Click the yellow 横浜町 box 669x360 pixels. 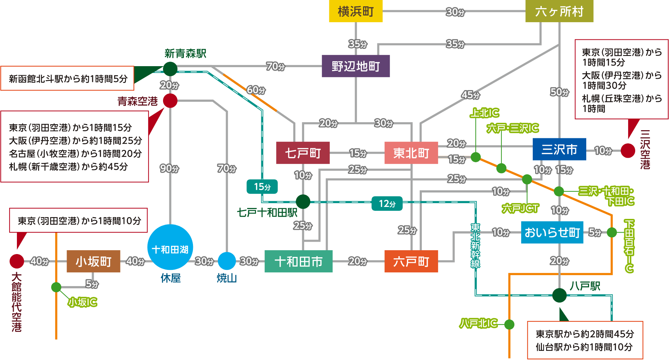coord(356,11)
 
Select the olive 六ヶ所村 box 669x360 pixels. coord(559,11)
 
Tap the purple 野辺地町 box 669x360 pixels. coord(356,66)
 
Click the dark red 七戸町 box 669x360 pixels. coord(303,153)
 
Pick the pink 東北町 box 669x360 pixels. coord(411,153)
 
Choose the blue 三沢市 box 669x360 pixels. coord(559,150)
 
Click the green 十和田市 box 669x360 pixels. coord(298,261)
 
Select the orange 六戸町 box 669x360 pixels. coord(411,261)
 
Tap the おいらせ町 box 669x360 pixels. coord(552,232)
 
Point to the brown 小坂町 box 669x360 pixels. coord(93,261)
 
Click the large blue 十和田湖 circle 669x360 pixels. coord(170,247)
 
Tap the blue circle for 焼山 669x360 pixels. coord(227,261)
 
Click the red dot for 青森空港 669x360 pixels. coord(170,101)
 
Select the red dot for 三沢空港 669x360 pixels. coord(628,151)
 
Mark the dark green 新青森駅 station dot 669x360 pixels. coord(170,69)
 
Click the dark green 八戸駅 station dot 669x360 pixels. coord(559,295)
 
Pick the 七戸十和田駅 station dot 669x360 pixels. coord(303,202)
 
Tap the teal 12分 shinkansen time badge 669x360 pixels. coord(387,203)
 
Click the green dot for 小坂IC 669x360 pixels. coord(56,287)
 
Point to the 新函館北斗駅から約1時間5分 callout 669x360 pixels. coord(67,78)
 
